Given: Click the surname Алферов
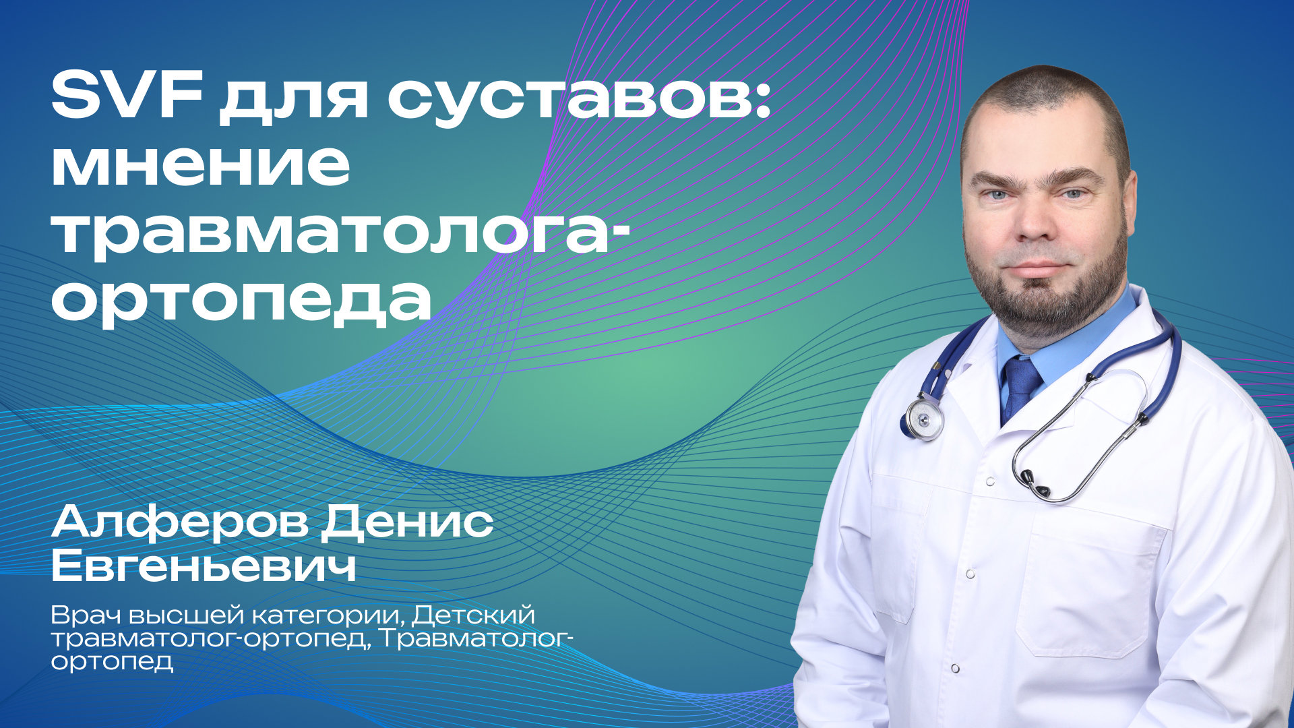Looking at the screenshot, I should pyautogui.click(x=179, y=522).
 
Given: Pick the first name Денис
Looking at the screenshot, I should pyautogui.click(x=407, y=522).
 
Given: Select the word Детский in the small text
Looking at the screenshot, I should pyautogui.click(x=473, y=615).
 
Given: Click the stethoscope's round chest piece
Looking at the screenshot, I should pyautogui.click(x=924, y=418).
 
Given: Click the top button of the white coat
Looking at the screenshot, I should pyautogui.click(x=989, y=482).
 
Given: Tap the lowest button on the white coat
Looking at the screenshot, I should pyautogui.click(x=955, y=668).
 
